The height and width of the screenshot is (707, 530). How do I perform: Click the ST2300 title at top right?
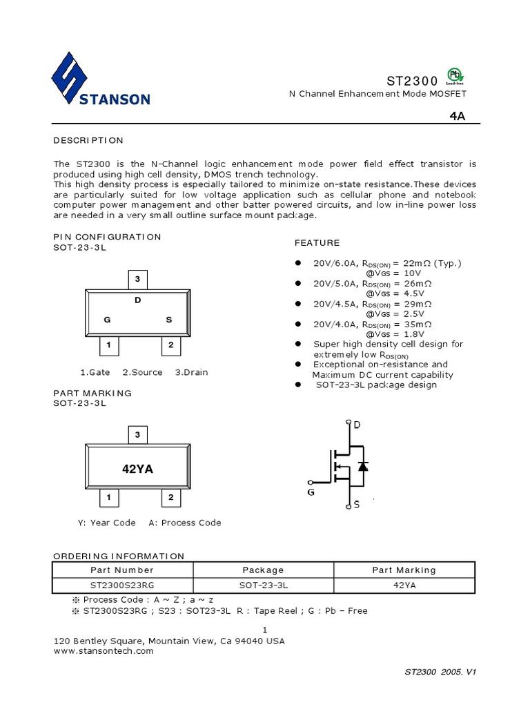(413, 81)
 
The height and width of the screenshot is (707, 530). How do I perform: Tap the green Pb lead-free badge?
(455, 75)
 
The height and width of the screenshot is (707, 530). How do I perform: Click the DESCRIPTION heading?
(88, 140)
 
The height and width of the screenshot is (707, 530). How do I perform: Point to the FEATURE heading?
(317, 243)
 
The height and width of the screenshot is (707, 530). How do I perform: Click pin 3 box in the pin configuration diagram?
(138, 280)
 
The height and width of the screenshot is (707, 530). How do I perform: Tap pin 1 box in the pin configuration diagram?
(109, 345)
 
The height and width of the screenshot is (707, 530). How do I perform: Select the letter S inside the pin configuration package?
(169, 320)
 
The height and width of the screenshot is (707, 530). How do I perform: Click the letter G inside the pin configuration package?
(107, 320)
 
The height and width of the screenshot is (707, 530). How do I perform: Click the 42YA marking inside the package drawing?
(137, 469)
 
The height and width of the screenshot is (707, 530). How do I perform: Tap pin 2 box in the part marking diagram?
(170, 497)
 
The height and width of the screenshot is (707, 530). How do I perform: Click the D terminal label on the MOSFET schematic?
(357, 425)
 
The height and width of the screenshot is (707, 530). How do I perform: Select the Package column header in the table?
(263, 570)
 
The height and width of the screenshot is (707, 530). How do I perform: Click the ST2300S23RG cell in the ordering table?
(122, 585)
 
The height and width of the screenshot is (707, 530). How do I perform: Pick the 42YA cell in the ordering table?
(404, 585)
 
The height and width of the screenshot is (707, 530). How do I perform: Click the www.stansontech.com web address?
(103, 650)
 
